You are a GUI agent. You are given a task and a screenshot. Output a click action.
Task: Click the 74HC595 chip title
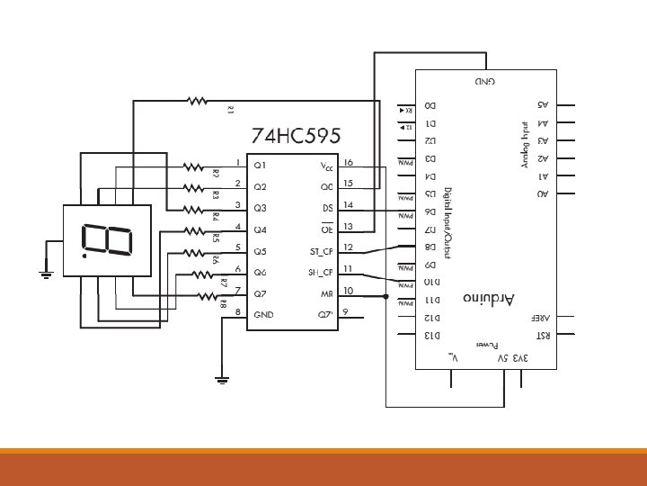295,138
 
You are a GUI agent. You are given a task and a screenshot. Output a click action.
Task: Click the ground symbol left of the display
48,271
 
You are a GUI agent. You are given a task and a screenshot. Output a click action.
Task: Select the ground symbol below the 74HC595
223,378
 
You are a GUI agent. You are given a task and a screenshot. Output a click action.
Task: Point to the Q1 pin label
261,166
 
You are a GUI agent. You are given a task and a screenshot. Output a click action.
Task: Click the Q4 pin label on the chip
261,229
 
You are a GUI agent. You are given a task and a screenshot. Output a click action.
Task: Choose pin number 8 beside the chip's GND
237,311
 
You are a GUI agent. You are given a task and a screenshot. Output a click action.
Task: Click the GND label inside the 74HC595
264,315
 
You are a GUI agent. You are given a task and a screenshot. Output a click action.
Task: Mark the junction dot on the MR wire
386,296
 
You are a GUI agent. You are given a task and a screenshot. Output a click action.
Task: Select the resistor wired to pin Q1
193,166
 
